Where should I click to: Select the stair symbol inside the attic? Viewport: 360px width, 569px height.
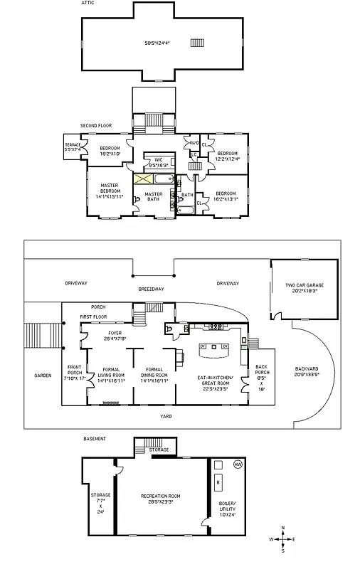tap(197, 43)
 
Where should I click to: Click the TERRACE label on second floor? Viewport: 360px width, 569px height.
tap(73, 147)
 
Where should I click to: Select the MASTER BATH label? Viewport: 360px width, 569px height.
tap(154, 197)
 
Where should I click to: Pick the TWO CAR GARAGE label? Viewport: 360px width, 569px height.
tap(301, 287)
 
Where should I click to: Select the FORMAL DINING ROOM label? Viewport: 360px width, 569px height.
tap(154, 374)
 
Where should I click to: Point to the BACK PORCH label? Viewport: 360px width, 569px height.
tap(262, 374)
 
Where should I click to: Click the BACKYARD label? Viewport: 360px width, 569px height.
tap(307, 371)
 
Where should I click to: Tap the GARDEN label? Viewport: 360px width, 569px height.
tap(43, 375)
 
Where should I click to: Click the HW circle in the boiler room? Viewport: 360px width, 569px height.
tap(238, 464)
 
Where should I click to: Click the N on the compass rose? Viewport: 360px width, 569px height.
tap(283, 527)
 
